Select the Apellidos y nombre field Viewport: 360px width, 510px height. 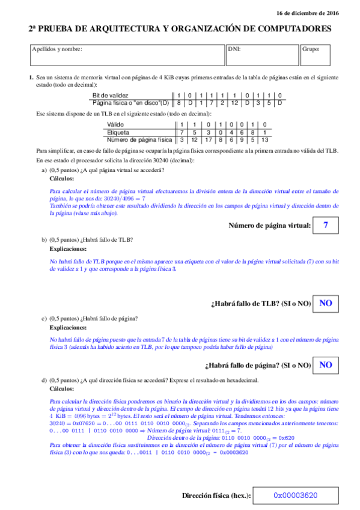pyautogui.click(x=126, y=55)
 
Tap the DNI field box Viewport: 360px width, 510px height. pyautogui.click(x=262, y=55)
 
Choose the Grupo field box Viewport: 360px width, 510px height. pyautogui.click(x=316, y=55)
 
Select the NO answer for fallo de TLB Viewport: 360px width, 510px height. pyautogui.click(x=326, y=303)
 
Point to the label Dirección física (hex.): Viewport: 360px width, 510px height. pyautogui.click(x=216, y=496)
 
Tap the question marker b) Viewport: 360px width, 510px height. pyautogui.click(x=44, y=239)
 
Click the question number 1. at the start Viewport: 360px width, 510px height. pyautogui.click(x=31, y=78)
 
